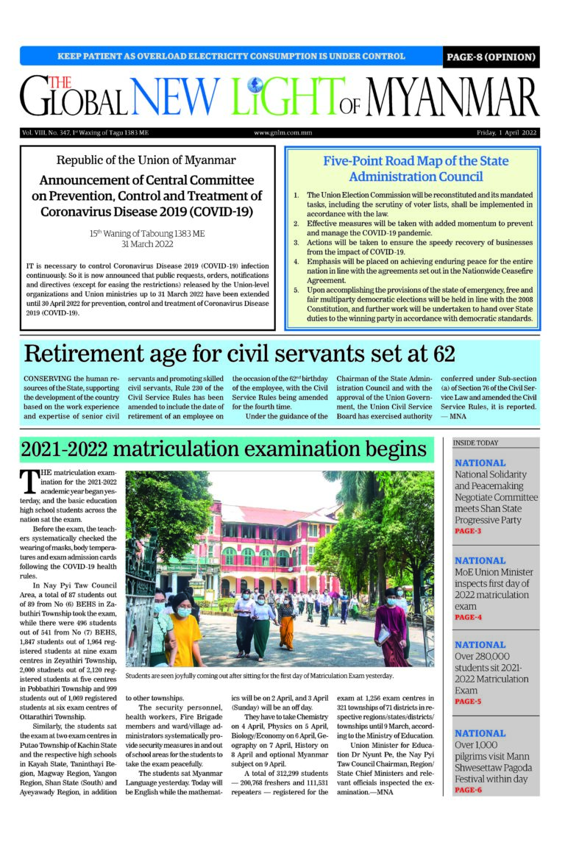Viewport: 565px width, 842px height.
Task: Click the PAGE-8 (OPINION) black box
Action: (x=491, y=57)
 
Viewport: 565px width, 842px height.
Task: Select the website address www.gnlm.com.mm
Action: (x=282, y=133)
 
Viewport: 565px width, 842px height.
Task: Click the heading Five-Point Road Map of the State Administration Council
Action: (x=416, y=168)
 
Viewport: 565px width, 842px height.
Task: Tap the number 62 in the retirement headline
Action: (x=444, y=354)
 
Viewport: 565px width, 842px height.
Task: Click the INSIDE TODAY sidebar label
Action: (x=476, y=443)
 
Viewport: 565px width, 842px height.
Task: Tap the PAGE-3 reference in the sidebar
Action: (x=468, y=531)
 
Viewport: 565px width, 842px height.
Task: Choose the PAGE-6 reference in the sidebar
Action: (x=468, y=790)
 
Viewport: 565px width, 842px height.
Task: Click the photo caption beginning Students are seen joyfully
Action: (x=260, y=675)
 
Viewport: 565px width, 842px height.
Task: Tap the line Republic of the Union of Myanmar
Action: (x=146, y=160)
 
